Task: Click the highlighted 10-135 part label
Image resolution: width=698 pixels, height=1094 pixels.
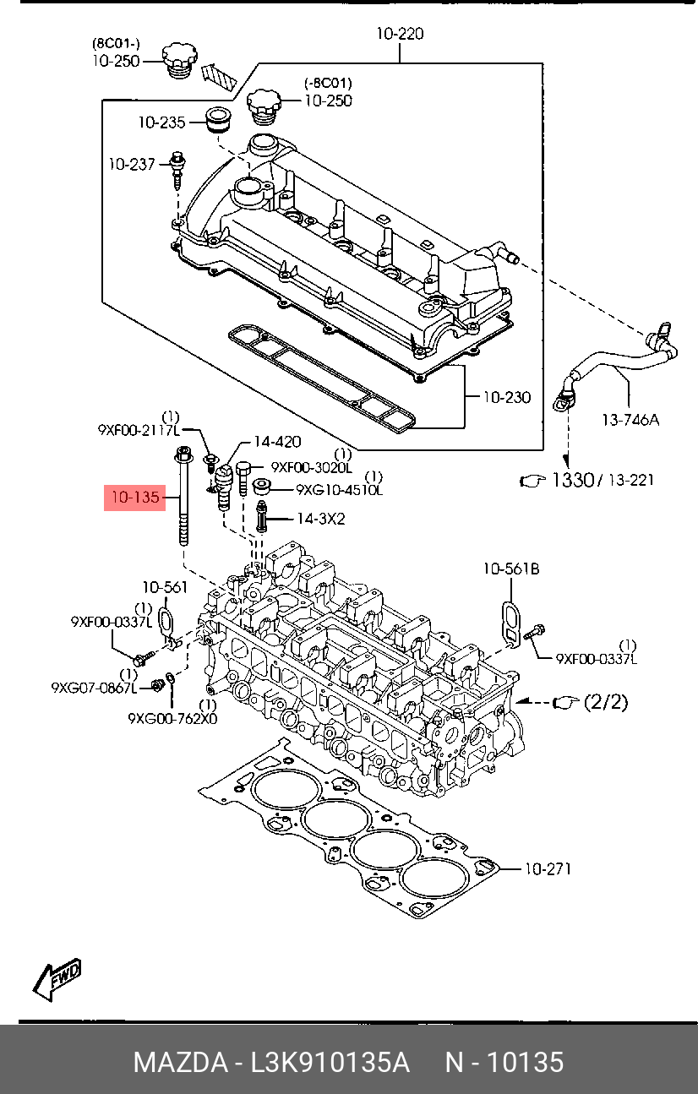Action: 135,498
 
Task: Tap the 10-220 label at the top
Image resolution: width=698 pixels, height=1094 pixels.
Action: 400,34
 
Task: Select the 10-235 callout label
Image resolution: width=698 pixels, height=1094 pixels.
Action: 161,122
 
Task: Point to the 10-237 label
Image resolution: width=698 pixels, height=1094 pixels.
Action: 131,164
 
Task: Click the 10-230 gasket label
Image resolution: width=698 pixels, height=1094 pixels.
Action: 506,397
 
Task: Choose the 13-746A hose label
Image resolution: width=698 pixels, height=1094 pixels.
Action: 630,419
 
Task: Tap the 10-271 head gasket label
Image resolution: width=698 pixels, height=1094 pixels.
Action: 548,868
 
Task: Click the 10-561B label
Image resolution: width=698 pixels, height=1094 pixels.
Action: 511,569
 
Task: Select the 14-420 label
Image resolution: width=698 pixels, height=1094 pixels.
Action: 277,442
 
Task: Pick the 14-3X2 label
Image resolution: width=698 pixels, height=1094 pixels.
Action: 321,518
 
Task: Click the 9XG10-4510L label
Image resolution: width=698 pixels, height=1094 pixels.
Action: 340,489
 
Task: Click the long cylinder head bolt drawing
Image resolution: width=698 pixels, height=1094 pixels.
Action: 183,496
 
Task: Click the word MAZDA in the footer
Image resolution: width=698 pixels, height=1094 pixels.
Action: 181,1062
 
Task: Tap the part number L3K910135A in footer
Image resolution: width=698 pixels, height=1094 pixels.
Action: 330,1062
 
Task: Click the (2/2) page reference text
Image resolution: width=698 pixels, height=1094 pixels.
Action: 606,702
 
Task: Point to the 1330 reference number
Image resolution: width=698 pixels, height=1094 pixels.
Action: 572,480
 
